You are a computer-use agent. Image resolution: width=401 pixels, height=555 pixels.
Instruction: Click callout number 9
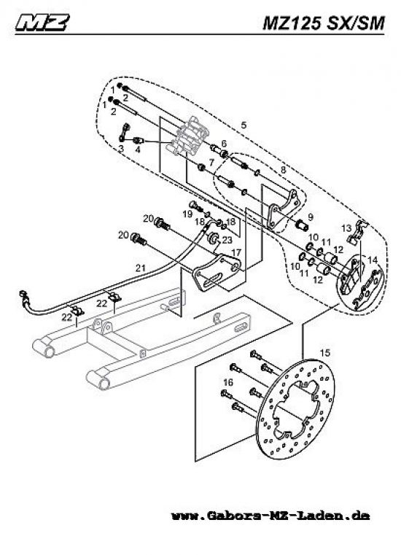pyautogui.click(x=309, y=217)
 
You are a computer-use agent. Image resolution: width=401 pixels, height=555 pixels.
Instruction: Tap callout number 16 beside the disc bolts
pyautogui.click(x=228, y=382)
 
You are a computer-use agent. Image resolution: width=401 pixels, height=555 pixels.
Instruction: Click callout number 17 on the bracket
pyautogui.click(x=235, y=252)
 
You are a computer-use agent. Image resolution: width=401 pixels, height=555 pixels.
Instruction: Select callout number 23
pyautogui.click(x=227, y=239)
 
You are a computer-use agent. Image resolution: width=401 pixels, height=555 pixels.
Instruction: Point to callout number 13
pyautogui.click(x=348, y=228)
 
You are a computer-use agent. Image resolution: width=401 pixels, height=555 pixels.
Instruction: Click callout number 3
pyautogui.click(x=121, y=148)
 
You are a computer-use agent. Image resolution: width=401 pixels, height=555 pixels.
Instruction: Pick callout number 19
pyautogui.click(x=187, y=216)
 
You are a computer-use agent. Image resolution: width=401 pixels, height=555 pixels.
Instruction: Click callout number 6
pyautogui.click(x=224, y=143)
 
